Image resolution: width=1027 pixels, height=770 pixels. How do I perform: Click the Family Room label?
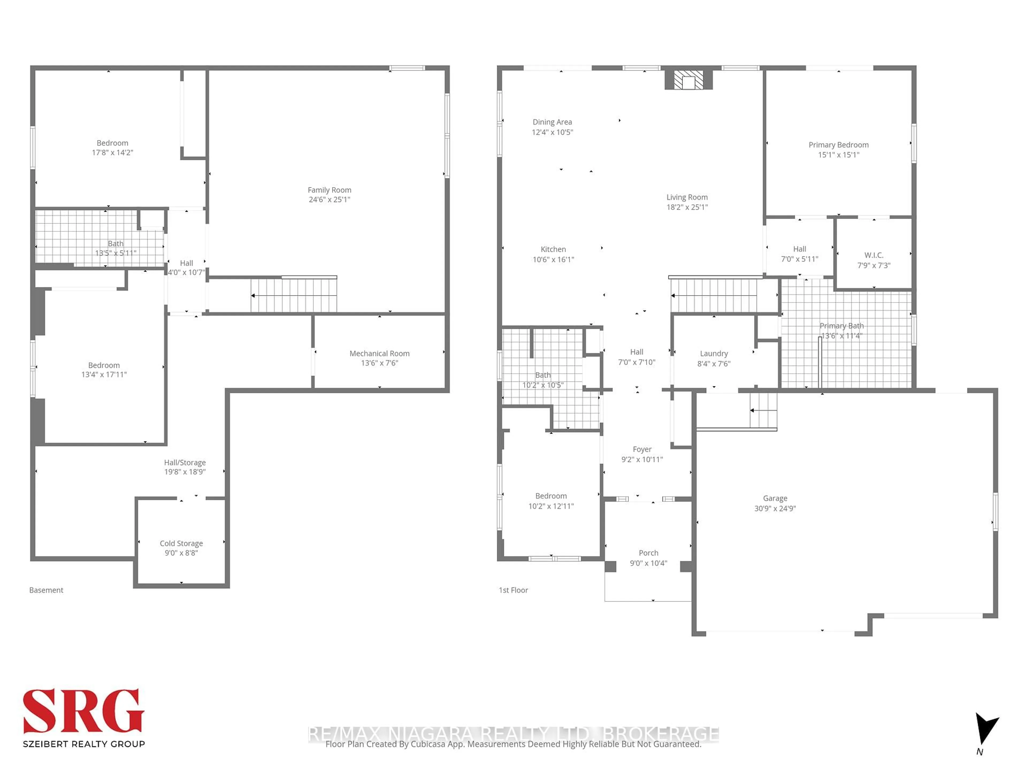point(329,190)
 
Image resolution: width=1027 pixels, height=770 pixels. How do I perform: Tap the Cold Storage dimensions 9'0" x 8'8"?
point(181,553)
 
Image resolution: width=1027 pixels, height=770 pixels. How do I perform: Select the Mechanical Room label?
point(379,353)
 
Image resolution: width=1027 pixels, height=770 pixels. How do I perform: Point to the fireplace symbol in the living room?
point(688,80)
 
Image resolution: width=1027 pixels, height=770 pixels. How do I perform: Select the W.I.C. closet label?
point(873,255)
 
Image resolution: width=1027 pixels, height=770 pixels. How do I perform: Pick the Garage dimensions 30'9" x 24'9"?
point(775,508)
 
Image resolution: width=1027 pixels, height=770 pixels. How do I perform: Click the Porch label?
point(648,553)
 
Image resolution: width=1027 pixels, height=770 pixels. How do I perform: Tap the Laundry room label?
point(714,353)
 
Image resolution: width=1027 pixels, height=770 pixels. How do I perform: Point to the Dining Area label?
point(552,122)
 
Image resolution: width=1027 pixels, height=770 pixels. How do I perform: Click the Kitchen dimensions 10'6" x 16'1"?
point(553,259)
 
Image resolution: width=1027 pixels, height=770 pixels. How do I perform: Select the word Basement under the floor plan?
point(46,590)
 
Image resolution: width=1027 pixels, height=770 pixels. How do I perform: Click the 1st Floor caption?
point(513,590)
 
